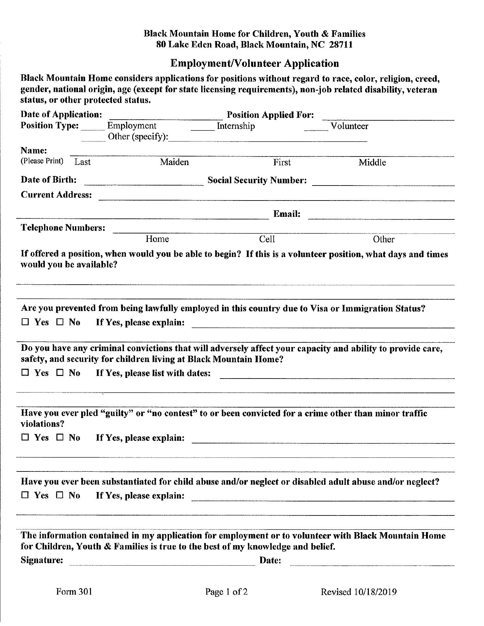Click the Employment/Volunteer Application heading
click(x=254, y=63)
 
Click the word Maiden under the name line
click(x=174, y=162)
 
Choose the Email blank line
click(x=381, y=216)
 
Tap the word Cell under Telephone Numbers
click(x=267, y=239)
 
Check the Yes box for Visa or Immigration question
click(x=25, y=322)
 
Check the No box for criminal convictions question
click(x=60, y=373)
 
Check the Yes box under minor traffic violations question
click(x=25, y=438)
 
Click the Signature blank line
click(x=162, y=562)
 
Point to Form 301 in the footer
click(x=74, y=592)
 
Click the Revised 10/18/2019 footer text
click(x=358, y=592)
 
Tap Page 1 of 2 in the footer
click(x=226, y=592)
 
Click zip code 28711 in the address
click(x=341, y=45)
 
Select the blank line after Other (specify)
click(x=267, y=139)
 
